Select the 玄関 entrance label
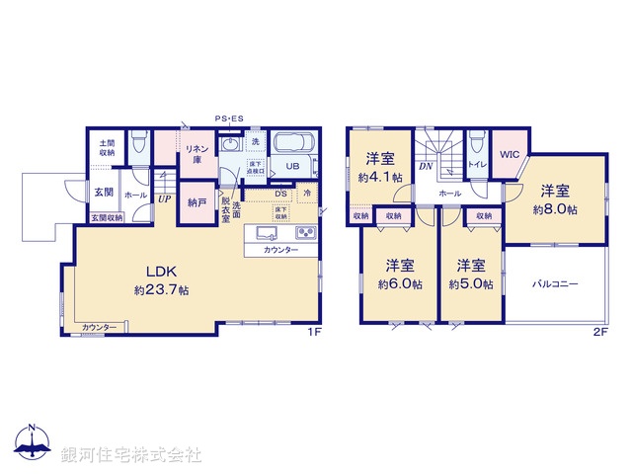(103, 193)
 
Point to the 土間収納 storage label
(106, 148)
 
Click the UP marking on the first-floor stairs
(163, 197)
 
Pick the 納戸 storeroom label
(197, 202)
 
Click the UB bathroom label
(292, 167)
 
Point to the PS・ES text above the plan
(229, 119)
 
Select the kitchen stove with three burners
(304, 234)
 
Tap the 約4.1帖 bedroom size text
(380, 178)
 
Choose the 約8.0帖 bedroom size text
(553, 209)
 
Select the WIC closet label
(510, 155)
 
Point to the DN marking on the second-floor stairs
(425, 167)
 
